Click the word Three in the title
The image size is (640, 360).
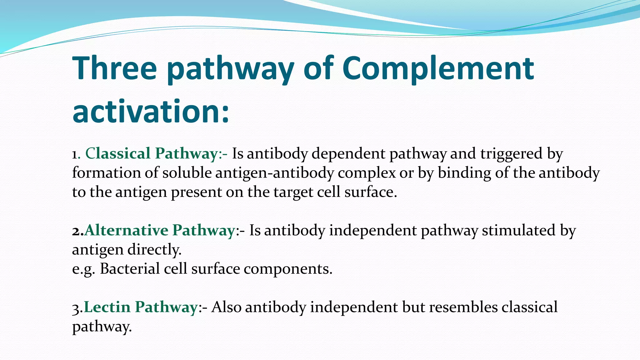pos(114,68)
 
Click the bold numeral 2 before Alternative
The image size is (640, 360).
pos(76,231)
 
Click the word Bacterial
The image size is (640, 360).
pos(130,269)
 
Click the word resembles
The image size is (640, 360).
pos(463,307)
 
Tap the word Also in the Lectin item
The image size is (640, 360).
pos(226,307)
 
